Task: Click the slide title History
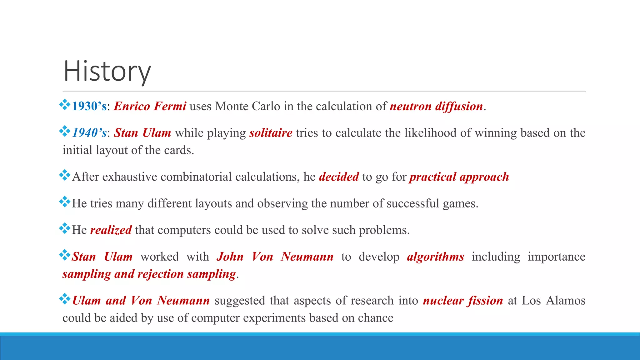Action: tap(107, 71)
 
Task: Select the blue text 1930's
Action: tap(89, 107)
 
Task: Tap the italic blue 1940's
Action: tap(89, 133)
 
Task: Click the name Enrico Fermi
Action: tap(150, 107)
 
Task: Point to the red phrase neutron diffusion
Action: tap(436, 107)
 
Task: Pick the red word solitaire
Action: tap(271, 133)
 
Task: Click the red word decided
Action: tap(339, 177)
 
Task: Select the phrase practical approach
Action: tap(459, 177)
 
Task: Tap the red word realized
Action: tap(111, 230)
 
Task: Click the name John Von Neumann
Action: tap(275, 257)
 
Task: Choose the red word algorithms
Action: tap(435, 257)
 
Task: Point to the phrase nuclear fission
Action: tap(463, 301)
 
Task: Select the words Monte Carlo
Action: tap(247, 107)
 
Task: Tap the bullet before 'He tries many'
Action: tap(65, 202)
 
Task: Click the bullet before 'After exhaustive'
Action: tap(65, 175)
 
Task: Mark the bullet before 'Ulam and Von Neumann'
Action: tap(65, 299)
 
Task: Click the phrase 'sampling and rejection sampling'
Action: tap(149, 274)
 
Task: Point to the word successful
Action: tap(413, 204)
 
